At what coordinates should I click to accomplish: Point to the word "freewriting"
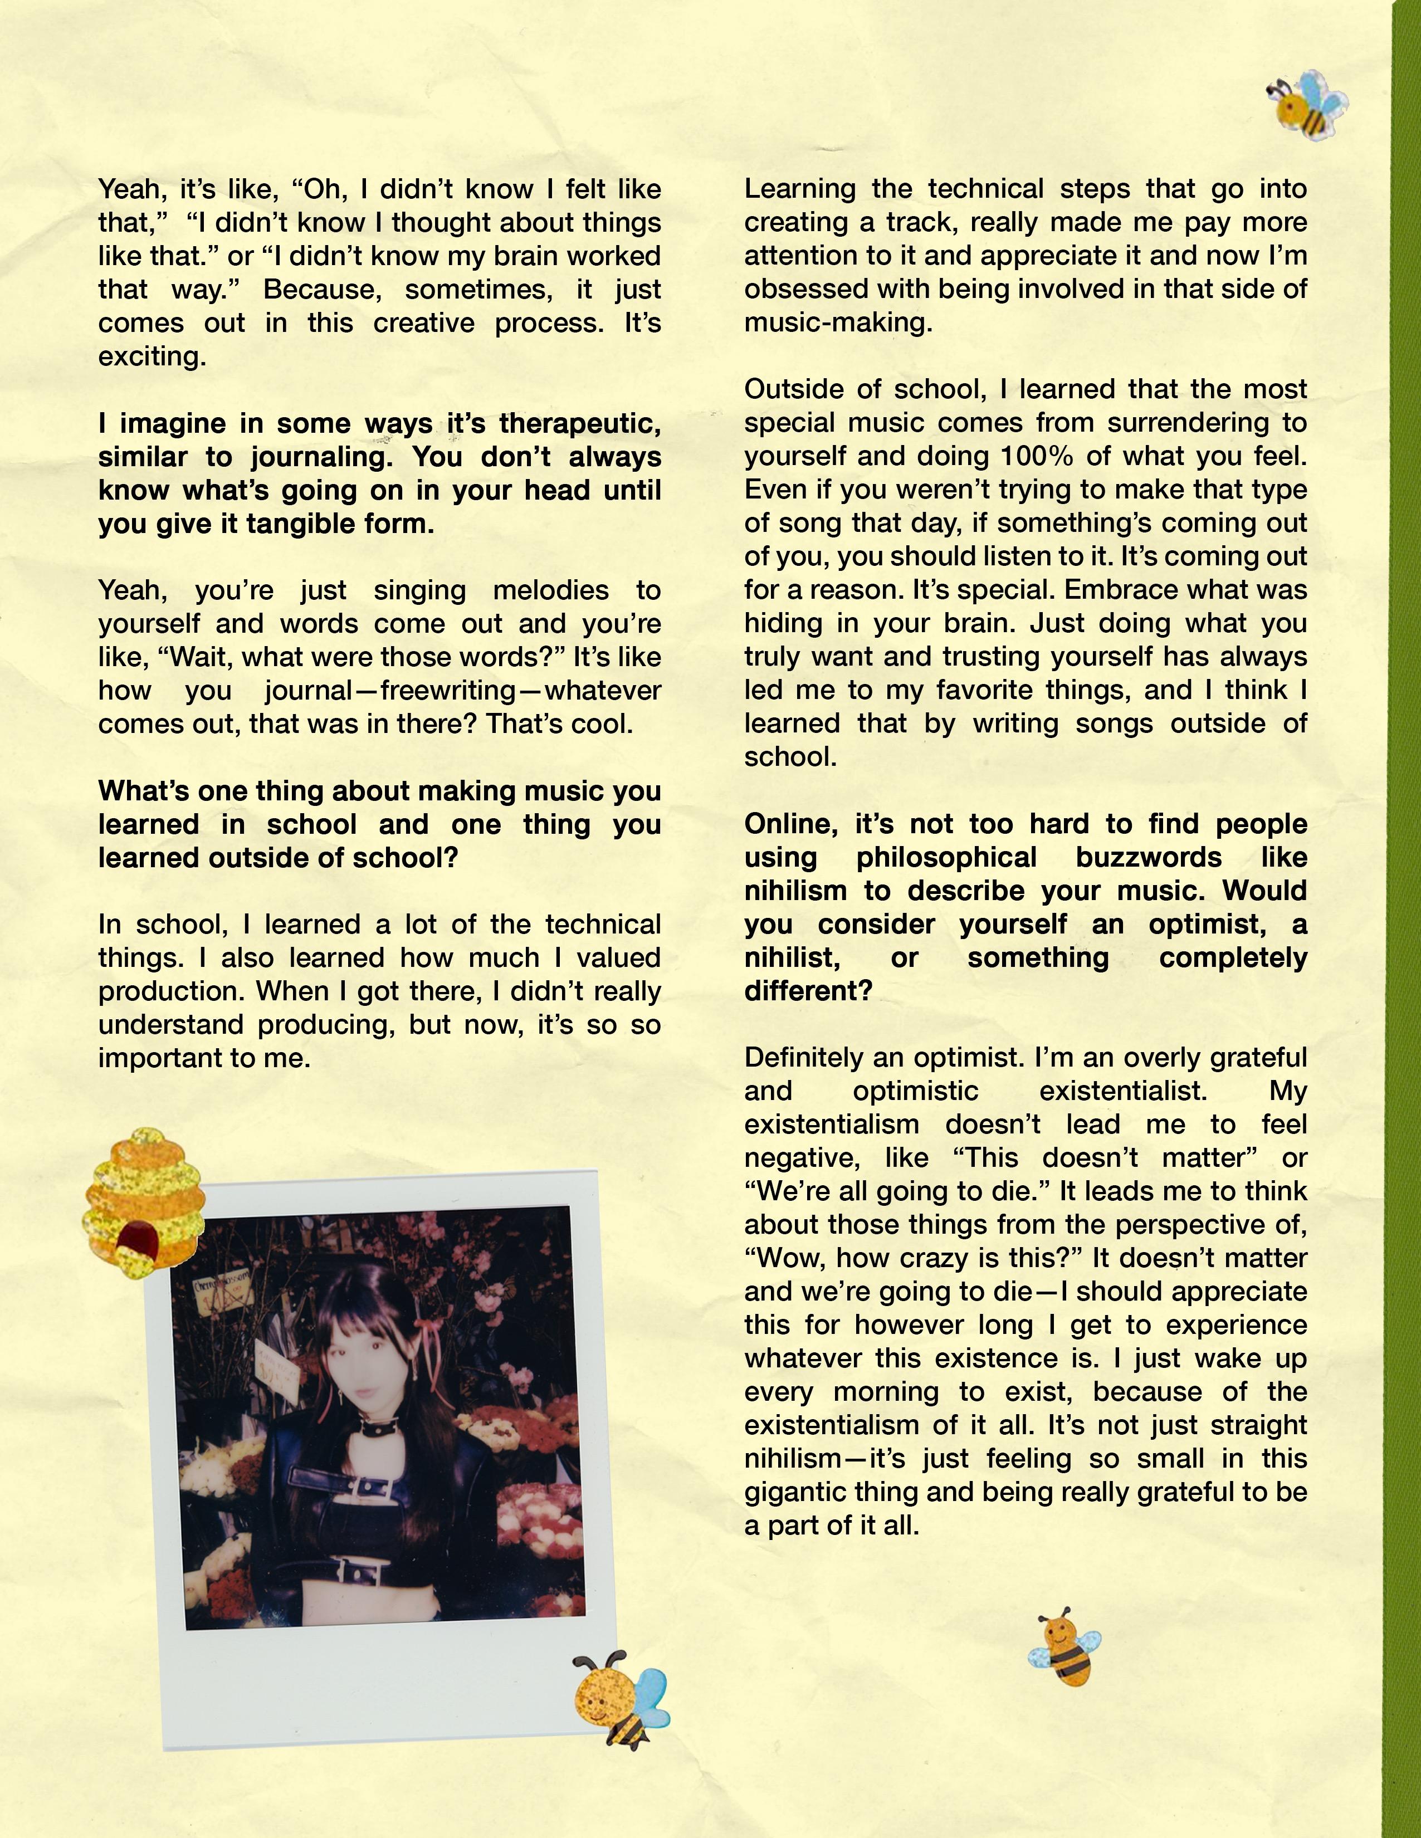(x=448, y=691)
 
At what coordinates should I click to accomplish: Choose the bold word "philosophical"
(x=946, y=858)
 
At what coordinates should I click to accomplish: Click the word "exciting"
(x=152, y=357)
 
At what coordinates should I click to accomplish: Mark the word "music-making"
(x=838, y=323)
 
